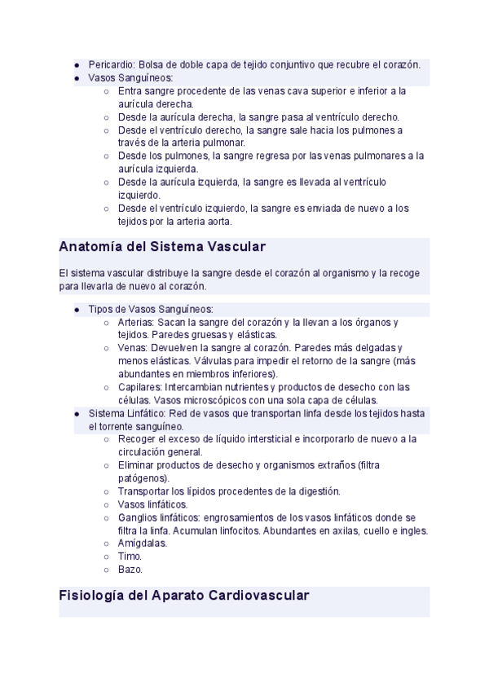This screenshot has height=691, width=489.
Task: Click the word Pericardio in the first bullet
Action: (x=111, y=64)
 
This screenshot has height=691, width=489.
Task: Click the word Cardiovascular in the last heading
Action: (x=259, y=596)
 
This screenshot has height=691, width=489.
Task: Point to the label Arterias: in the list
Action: (x=137, y=322)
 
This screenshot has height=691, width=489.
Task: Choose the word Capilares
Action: (x=139, y=387)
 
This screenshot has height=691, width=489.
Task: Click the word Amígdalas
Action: (x=143, y=544)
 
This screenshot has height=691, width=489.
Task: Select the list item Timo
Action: (x=130, y=557)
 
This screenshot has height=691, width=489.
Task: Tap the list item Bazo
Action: (x=130, y=570)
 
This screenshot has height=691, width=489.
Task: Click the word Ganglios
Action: (x=137, y=517)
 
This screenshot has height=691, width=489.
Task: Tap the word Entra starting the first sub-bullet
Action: (x=130, y=91)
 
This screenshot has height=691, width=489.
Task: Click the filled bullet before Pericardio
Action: (x=76, y=65)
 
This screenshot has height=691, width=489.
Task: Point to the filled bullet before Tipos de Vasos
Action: (x=76, y=310)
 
